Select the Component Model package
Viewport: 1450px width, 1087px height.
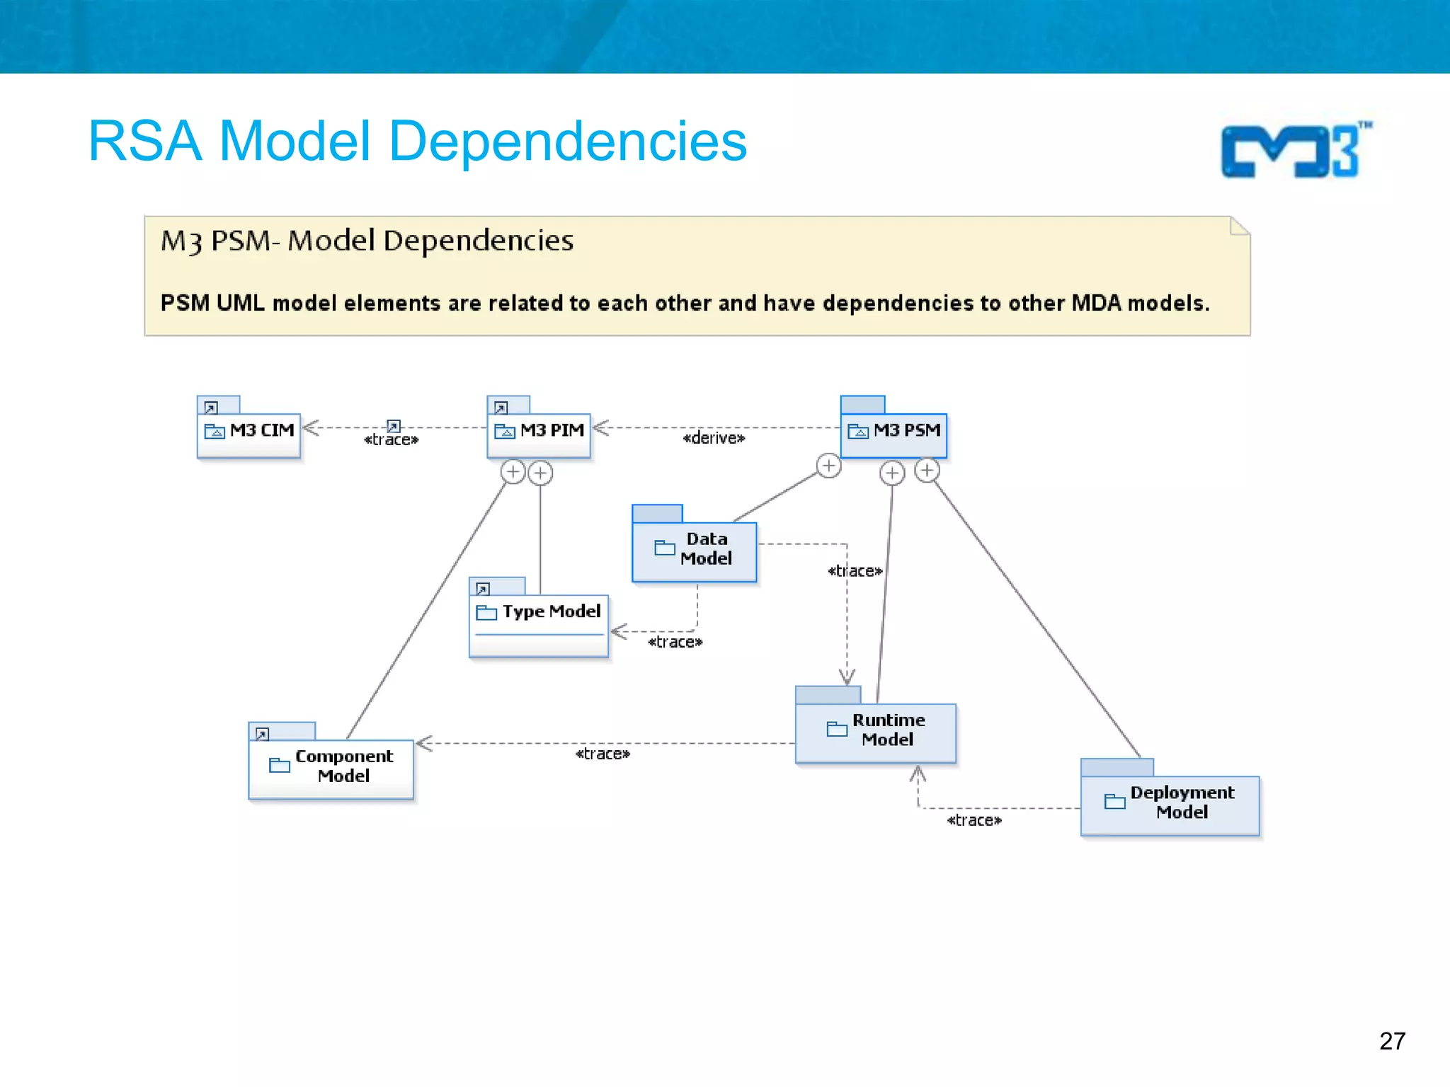331,768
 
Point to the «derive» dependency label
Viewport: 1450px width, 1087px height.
714,439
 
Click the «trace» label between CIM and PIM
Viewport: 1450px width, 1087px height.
392,440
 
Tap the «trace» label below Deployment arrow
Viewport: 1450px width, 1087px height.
974,821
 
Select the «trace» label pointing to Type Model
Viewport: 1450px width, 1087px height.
675,643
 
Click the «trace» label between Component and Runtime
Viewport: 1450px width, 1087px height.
603,754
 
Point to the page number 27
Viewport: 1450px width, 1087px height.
1392,1041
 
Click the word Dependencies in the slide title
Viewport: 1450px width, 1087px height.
568,142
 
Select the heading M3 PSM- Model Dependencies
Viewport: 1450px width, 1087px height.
367,241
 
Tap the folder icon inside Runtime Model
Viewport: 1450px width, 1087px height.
837,729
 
